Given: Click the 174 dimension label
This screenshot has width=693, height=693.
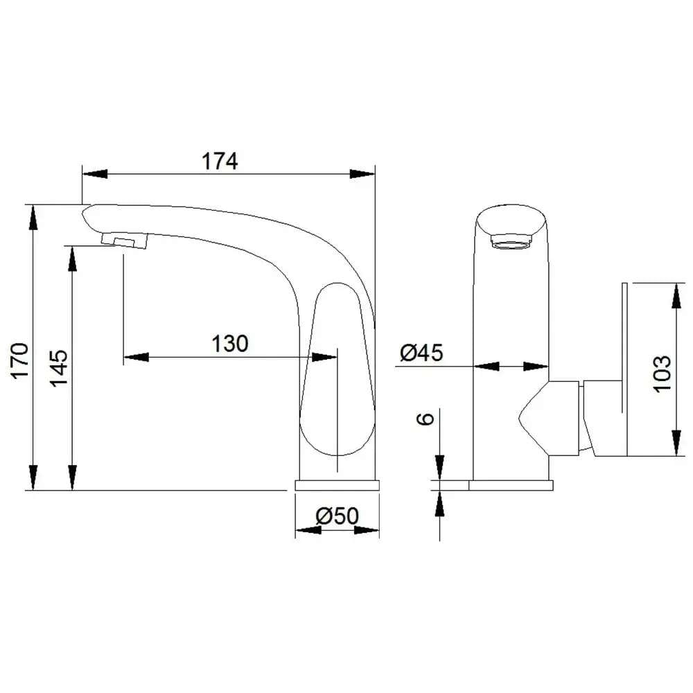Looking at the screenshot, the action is (220, 161).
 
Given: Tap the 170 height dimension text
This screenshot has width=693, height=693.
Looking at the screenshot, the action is (20, 360).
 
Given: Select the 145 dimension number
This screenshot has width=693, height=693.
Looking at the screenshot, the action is (59, 369).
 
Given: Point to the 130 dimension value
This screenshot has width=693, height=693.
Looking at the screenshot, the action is (230, 344).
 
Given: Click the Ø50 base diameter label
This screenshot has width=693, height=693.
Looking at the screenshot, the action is (337, 516).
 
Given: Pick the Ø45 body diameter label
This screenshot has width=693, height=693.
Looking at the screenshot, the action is (421, 353).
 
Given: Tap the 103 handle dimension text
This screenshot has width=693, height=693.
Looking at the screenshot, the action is (662, 374).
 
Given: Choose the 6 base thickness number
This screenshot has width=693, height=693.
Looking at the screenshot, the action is (426, 419).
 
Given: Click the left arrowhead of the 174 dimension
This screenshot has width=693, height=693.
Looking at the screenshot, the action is (95, 174).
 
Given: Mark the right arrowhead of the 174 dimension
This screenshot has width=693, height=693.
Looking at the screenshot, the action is (362, 174).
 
